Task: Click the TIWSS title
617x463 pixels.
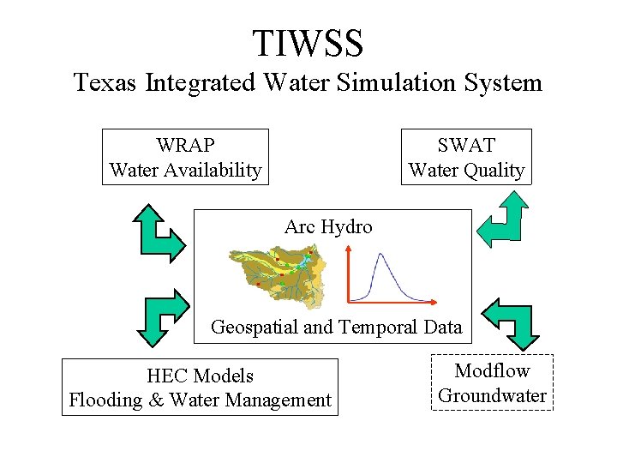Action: click(x=308, y=41)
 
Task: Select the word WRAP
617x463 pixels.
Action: click(x=185, y=145)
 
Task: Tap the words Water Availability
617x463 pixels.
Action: click(x=185, y=170)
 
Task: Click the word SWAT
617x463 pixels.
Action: click(x=466, y=145)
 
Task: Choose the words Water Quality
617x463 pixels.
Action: click(x=466, y=170)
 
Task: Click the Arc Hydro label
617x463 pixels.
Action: click(x=328, y=227)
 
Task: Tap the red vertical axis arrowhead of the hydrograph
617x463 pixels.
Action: click(x=348, y=248)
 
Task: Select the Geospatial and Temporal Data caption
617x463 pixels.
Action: click(x=336, y=327)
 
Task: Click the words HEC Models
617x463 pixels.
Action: click(x=200, y=376)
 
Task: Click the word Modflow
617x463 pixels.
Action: click(x=492, y=370)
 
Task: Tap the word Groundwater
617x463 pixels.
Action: click(x=492, y=395)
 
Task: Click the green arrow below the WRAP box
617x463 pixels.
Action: click(x=161, y=231)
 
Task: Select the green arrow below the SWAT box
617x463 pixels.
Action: click(x=503, y=219)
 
